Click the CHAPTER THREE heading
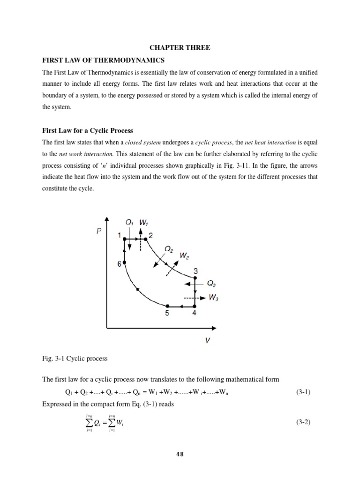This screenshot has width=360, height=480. [x=180, y=48]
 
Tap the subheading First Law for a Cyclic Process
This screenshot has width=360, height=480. [x=88, y=130]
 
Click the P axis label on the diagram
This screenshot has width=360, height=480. [x=99, y=231]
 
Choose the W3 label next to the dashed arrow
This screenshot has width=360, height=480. [x=214, y=298]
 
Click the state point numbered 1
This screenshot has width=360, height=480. [x=120, y=234]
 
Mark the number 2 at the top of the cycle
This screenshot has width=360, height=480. [x=150, y=235]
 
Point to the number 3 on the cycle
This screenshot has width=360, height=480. [x=195, y=271]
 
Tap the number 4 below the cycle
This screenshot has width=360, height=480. [x=195, y=314]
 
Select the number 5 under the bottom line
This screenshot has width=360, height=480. [x=167, y=314]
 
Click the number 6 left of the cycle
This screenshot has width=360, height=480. [x=119, y=264]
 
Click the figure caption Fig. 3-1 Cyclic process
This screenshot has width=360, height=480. [x=75, y=359]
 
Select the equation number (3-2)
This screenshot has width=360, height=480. [x=303, y=422]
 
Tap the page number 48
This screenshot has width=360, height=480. [x=180, y=454]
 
